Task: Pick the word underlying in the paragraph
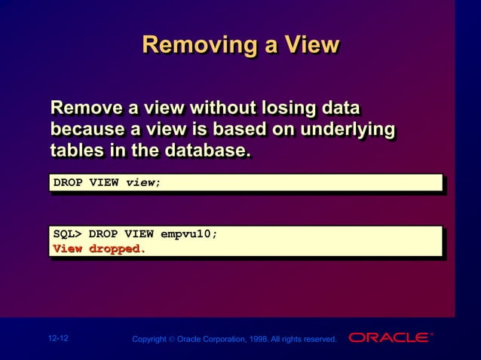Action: click(x=347, y=129)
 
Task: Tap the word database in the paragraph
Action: click(x=204, y=151)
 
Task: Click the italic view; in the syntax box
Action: click(x=143, y=183)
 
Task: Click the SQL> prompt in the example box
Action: click(x=67, y=233)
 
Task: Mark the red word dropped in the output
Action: click(x=117, y=249)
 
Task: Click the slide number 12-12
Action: click(x=58, y=339)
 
